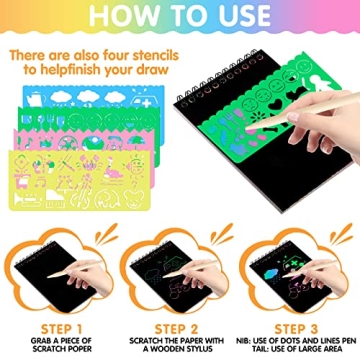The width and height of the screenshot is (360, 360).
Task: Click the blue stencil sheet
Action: point(60,124)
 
